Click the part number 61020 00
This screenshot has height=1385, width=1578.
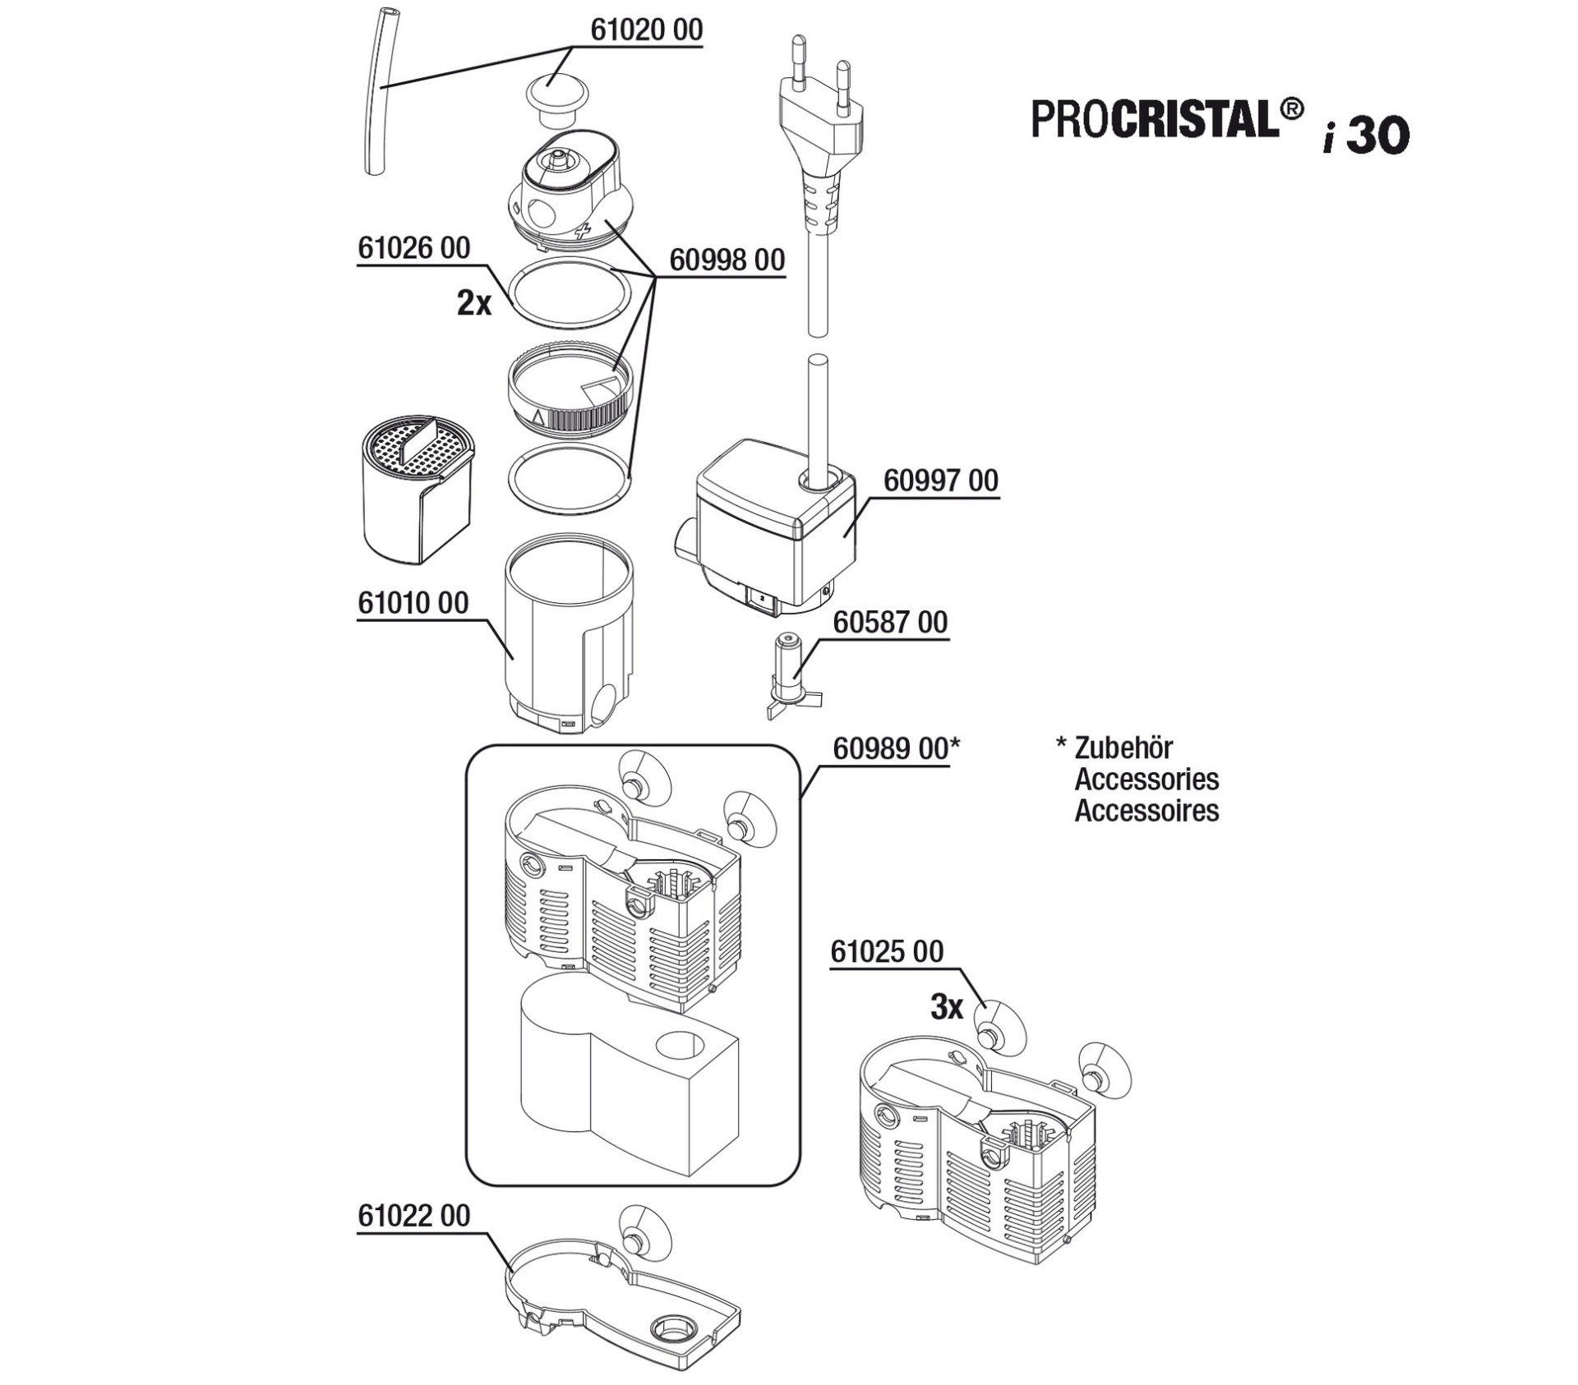[647, 30]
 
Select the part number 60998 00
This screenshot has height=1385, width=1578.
[727, 260]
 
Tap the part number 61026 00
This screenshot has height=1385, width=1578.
[414, 248]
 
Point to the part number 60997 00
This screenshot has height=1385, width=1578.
[941, 481]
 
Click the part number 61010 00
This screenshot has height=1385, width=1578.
[413, 603]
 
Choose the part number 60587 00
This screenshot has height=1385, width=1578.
[891, 623]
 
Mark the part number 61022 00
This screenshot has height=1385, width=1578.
[414, 1216]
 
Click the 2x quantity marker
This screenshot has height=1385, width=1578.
[474, 304]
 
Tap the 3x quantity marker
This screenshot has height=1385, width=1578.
[947, 1007]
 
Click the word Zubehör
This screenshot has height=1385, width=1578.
[1124, 748]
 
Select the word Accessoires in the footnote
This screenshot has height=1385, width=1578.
[1147, 811]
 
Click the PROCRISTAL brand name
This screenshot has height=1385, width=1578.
[1167, 120]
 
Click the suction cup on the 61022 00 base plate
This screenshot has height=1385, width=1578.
[644, 1232]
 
